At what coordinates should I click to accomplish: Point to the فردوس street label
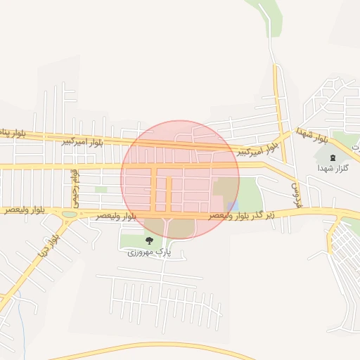tap(295, 188)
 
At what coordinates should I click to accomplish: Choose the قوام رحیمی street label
tap(72, 184)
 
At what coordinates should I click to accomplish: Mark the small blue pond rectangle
tap(233, 206)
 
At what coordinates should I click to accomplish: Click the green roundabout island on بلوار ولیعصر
tap(70, 214)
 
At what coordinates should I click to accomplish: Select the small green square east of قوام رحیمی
tap(101, 189)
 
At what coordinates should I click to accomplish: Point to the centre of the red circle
tap(180, 179)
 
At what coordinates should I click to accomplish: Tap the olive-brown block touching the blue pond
tap(225, 188)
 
